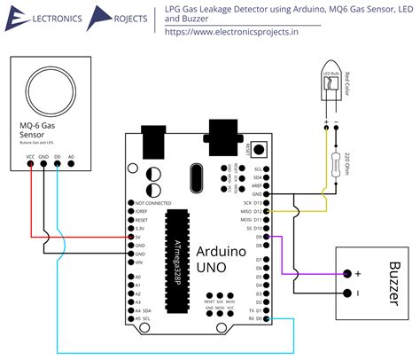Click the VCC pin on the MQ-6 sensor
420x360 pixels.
point(32,166)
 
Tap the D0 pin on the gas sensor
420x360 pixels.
point(58,166)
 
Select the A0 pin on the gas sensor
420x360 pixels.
point(71,166)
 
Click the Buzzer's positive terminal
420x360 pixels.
point(347,273)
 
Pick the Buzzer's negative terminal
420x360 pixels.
point(347,292)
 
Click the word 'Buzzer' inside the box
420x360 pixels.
point(394,283)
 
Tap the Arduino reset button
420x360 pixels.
point(261,147)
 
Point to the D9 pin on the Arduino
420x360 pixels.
point(272,237)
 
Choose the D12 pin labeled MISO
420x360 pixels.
point(271,211)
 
